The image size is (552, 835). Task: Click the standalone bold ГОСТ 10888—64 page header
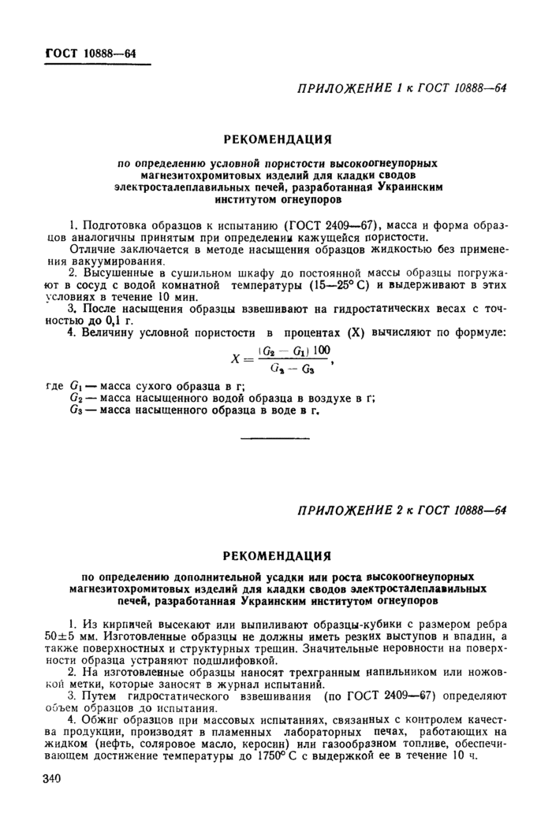[x=91, y=54]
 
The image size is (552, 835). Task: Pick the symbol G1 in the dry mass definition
[x=76, y=386]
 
